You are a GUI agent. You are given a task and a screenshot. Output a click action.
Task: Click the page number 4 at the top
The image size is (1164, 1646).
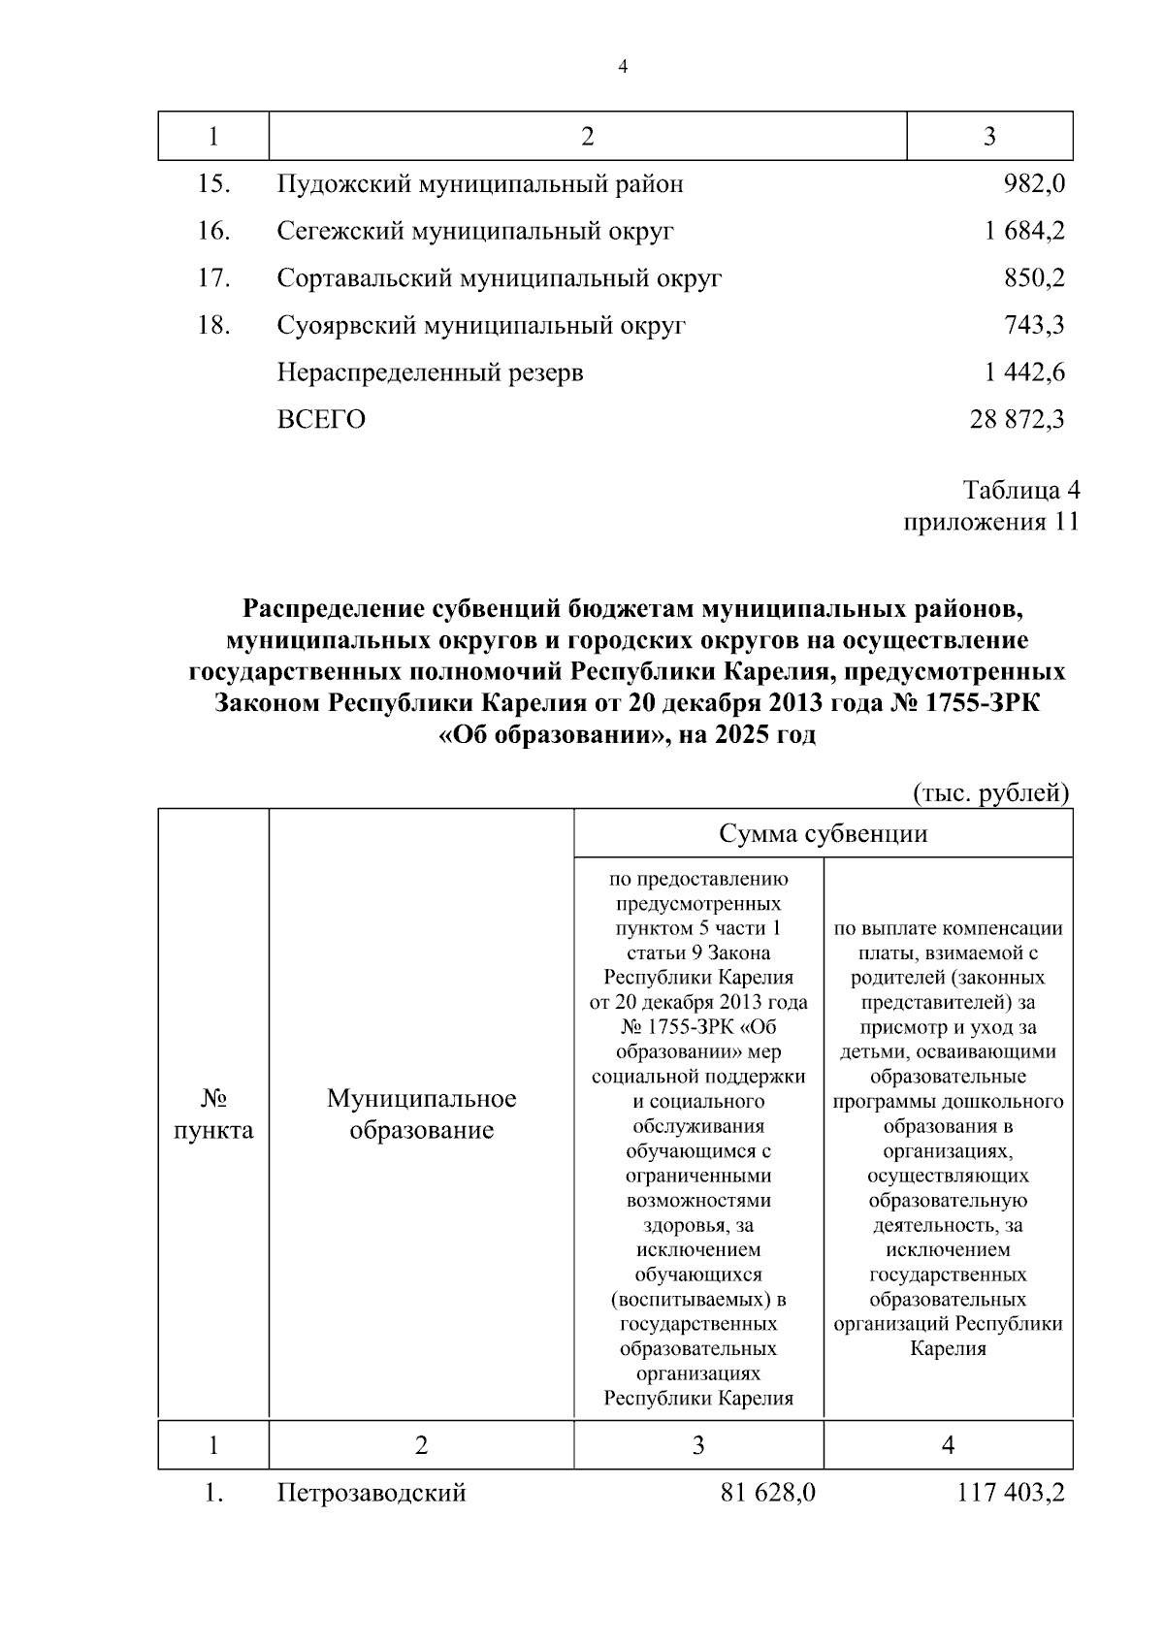point(623,67)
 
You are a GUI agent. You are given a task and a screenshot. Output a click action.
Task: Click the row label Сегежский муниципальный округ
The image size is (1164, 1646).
point(475,232)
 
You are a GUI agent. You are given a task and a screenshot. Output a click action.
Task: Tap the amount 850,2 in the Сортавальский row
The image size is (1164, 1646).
point(1034,278)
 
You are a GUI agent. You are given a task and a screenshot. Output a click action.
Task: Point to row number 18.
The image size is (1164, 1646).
point(213,325)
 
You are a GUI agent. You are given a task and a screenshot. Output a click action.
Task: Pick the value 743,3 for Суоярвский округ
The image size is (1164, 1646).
point(1034,325)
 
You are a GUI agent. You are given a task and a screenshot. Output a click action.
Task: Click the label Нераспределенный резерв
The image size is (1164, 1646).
point(430,372)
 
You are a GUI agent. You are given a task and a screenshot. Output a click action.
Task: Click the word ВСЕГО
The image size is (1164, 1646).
point(321,420)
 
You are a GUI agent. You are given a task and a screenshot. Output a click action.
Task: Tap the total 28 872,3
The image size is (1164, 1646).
point(1017,420)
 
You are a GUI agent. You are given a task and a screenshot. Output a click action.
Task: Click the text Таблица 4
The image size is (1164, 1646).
point(1021,489)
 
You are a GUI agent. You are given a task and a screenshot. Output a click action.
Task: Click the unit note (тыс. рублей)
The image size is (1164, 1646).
point(991,793)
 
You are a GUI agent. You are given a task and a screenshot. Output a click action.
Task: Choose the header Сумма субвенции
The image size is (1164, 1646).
point(823,834)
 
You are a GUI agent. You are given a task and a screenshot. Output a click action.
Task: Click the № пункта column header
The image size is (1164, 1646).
point(213,1114)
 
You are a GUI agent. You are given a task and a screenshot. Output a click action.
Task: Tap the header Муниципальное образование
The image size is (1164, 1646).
point(421,1114)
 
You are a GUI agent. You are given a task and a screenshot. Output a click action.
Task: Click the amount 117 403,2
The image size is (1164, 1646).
point(1011,1493)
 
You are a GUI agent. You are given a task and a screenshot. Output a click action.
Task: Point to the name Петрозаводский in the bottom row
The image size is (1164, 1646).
point(372,1493)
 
